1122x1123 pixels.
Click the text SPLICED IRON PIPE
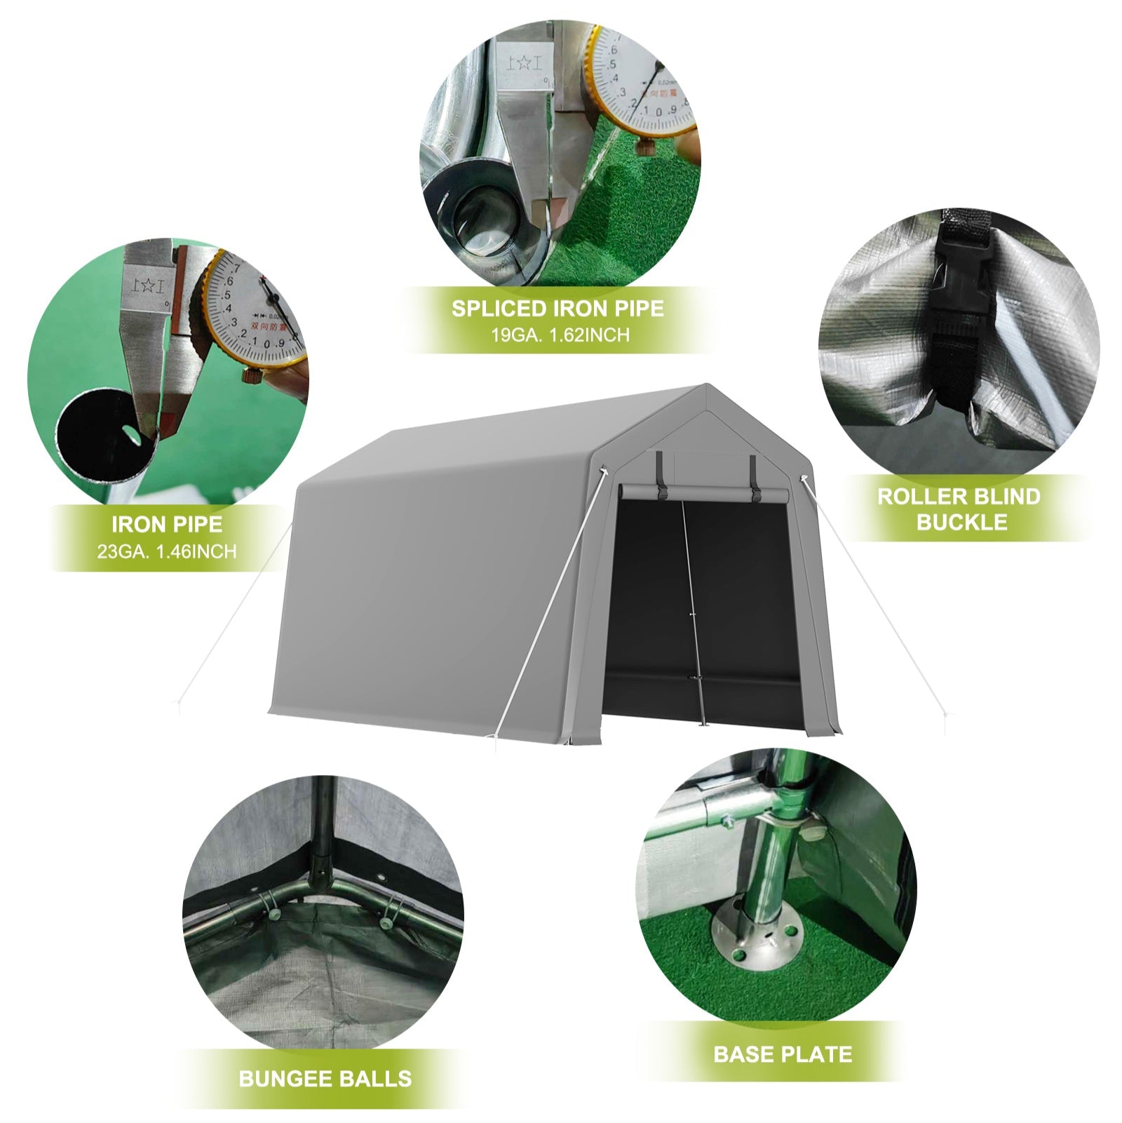(x=557, y=309)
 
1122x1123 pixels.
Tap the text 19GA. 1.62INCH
(x=560, y=335)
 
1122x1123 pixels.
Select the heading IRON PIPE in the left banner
(x=167, y=524)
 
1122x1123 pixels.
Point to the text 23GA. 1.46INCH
(x=167, y=551)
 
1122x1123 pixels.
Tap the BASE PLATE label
(x=783, y=1054)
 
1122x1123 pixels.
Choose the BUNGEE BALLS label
(x=325, y=1078)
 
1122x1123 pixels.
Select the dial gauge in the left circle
(x=254, y=309)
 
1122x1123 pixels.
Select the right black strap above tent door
(x=753, y=477)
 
